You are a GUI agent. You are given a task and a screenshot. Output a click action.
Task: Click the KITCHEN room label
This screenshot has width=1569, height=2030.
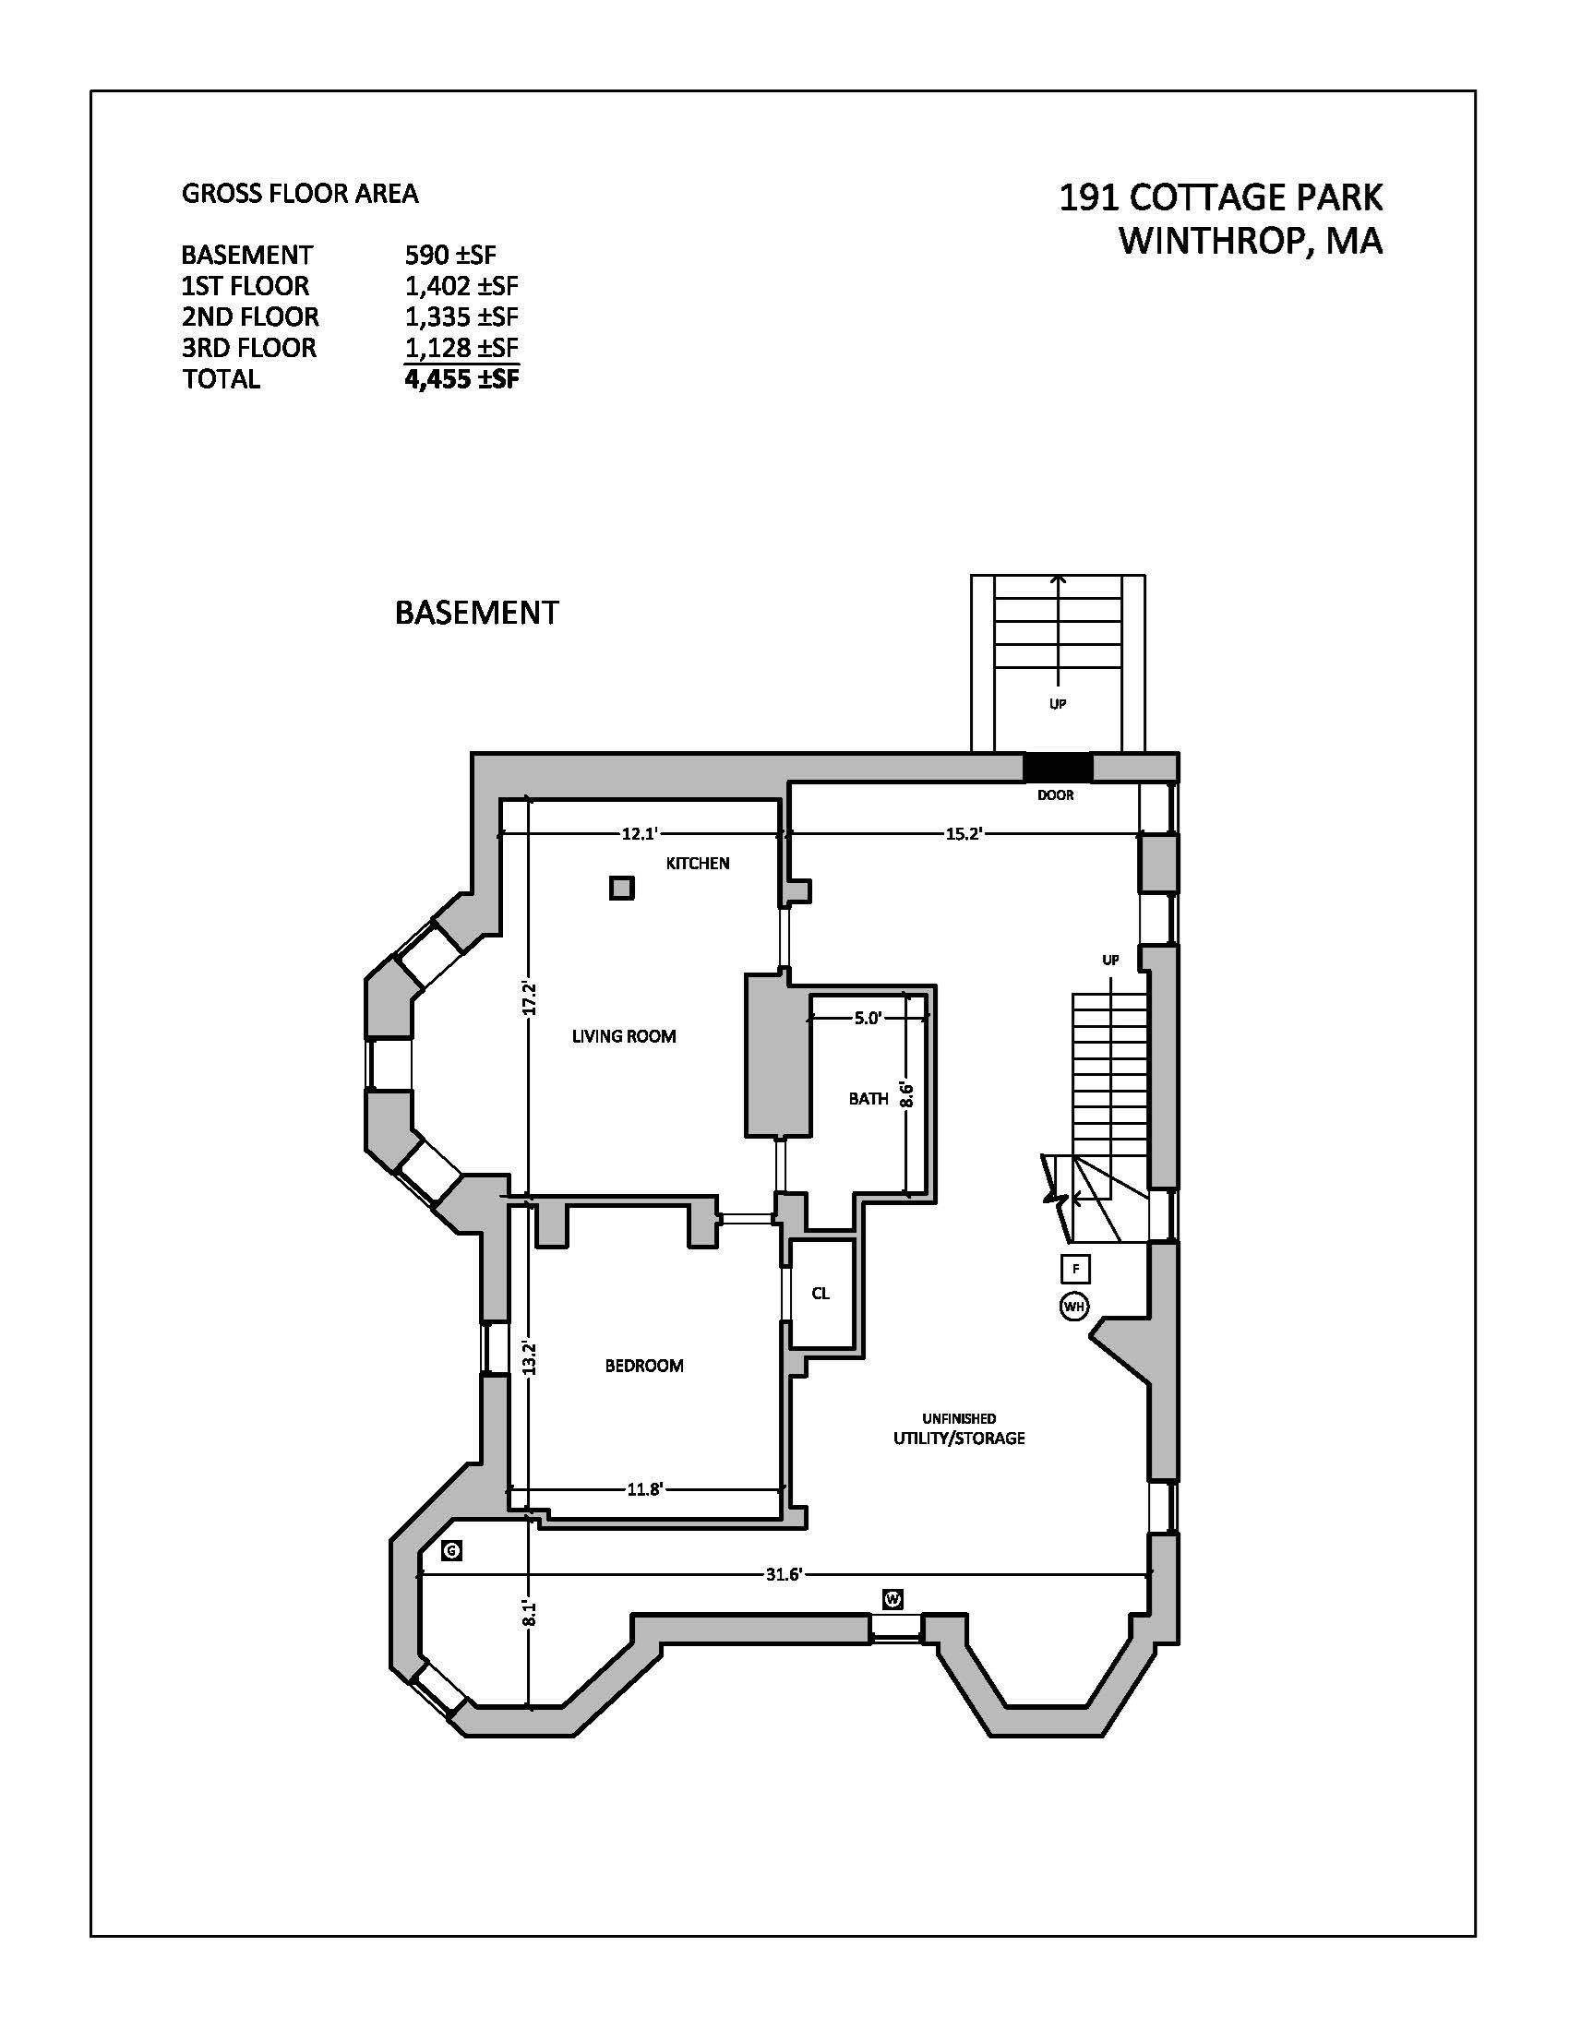[697, 863]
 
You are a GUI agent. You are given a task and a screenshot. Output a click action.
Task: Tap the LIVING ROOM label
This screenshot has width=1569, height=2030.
[624, 1035]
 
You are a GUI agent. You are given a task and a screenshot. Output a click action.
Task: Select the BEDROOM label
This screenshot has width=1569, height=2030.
[644, 1366]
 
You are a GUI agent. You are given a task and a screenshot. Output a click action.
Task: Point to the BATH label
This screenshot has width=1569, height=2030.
[868, 1099]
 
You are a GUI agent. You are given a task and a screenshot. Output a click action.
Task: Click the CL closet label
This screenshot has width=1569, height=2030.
[820, 1293]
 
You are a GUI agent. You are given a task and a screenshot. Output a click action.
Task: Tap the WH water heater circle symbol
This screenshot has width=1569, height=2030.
[1073, 1306]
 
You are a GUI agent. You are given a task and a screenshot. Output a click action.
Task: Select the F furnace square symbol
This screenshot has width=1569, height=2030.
[1075, 1268]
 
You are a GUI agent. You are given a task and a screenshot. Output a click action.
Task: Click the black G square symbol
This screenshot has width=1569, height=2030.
[451, 1550]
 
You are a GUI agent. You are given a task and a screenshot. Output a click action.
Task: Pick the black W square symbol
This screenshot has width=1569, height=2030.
[892, 1599]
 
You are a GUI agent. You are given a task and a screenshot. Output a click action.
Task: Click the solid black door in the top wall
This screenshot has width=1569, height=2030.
[1057, 767]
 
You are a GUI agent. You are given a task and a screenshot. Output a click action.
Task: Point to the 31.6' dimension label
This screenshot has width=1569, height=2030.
[784, 1573]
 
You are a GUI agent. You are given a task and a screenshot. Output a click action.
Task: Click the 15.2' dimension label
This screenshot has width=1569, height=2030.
[964, 834]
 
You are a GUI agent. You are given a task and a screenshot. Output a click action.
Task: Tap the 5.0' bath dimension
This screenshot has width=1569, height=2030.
[868, 1018]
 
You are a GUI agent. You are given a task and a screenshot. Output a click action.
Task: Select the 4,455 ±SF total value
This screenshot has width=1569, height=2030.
[461, 378]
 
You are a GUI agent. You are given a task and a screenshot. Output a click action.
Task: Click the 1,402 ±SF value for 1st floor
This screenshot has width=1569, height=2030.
[461, 285]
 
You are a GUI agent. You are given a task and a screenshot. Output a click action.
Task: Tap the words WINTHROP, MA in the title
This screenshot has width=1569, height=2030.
[1251, 241]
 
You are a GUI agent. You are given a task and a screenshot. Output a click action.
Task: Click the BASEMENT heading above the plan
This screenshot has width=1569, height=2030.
[477, 613]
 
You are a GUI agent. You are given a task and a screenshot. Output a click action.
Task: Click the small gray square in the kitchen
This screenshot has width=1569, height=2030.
[622, 888]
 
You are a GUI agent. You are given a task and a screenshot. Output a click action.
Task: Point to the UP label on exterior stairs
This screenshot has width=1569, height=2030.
[1057, 704]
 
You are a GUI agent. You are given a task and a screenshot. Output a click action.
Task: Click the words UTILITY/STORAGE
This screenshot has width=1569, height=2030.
[959, 1438]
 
